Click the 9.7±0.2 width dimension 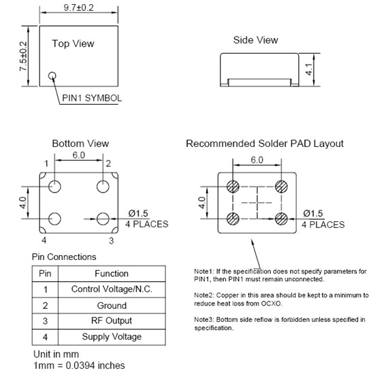(x=79, y=7)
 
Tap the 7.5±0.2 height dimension (x=23, y=56)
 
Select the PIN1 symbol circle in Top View (x=52, y=76)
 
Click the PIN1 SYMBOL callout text (x=92, y=98)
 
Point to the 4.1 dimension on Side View (x=309, y=69)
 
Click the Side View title (x=256, y=40)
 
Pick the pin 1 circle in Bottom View (x=54, y=186)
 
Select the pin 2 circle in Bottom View (x=103, y=186)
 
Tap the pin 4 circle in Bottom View (x=54, y=219)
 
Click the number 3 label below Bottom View (x=111, y=240)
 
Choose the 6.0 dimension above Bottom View (x=79, y=155)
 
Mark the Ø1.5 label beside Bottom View (x=138, y=213)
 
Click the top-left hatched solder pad (x=233, y=186)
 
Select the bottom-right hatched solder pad (x=281, y=219)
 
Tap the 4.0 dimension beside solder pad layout (x=202, y=203)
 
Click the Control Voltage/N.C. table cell (x=112, y=289)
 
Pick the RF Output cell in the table (x=112, y=321)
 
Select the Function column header (x=112, y=274)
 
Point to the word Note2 (x=204, y=295)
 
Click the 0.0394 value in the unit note (x=80, y=366)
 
